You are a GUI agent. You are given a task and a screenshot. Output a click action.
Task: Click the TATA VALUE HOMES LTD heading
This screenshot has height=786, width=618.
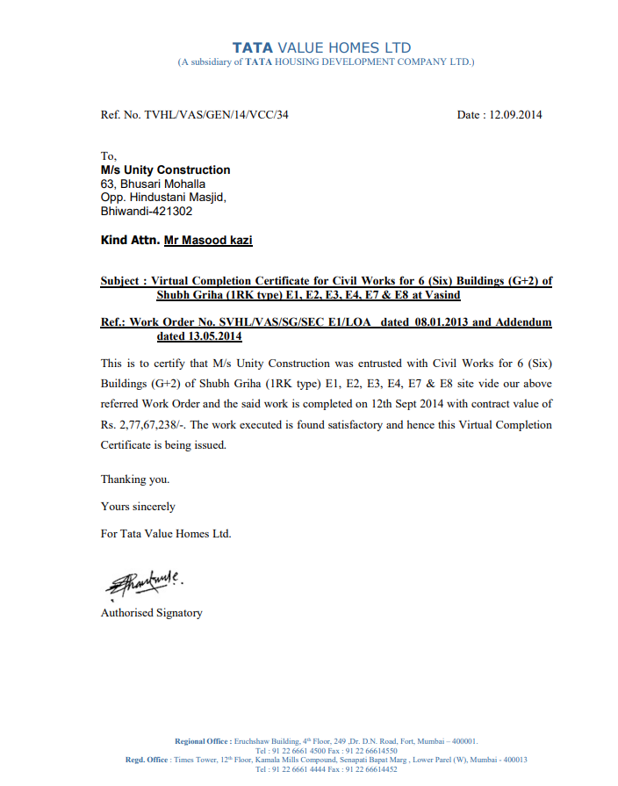pos(321,47)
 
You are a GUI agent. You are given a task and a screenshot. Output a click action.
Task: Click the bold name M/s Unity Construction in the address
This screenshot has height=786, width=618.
pos(165,169)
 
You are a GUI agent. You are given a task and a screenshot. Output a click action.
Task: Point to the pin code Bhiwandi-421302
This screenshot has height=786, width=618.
pos(147,211)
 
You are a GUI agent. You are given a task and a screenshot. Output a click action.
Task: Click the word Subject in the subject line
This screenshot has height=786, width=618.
pos(119,281)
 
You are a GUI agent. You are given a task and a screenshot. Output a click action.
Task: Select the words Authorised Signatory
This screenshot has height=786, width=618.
pos(151,613)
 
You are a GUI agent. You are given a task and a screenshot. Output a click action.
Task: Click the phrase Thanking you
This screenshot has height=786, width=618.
pos(135,480)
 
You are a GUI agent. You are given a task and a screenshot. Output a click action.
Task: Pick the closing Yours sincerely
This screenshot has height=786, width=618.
pos(138,506)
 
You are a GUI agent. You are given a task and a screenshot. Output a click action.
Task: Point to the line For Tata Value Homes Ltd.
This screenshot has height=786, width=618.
pos(166,533)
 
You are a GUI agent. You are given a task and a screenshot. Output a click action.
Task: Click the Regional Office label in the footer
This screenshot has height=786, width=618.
pos(203,741)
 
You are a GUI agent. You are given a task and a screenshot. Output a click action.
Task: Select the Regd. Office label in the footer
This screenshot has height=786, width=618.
pos(147,760)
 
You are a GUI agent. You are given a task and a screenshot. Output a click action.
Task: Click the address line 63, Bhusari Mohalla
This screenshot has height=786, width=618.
pos(153,184)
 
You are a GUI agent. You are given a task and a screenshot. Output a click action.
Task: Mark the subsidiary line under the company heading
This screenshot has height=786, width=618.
pos(326,62)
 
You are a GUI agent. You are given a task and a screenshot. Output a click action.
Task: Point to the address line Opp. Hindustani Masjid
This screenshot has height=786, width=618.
pos(163,198)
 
